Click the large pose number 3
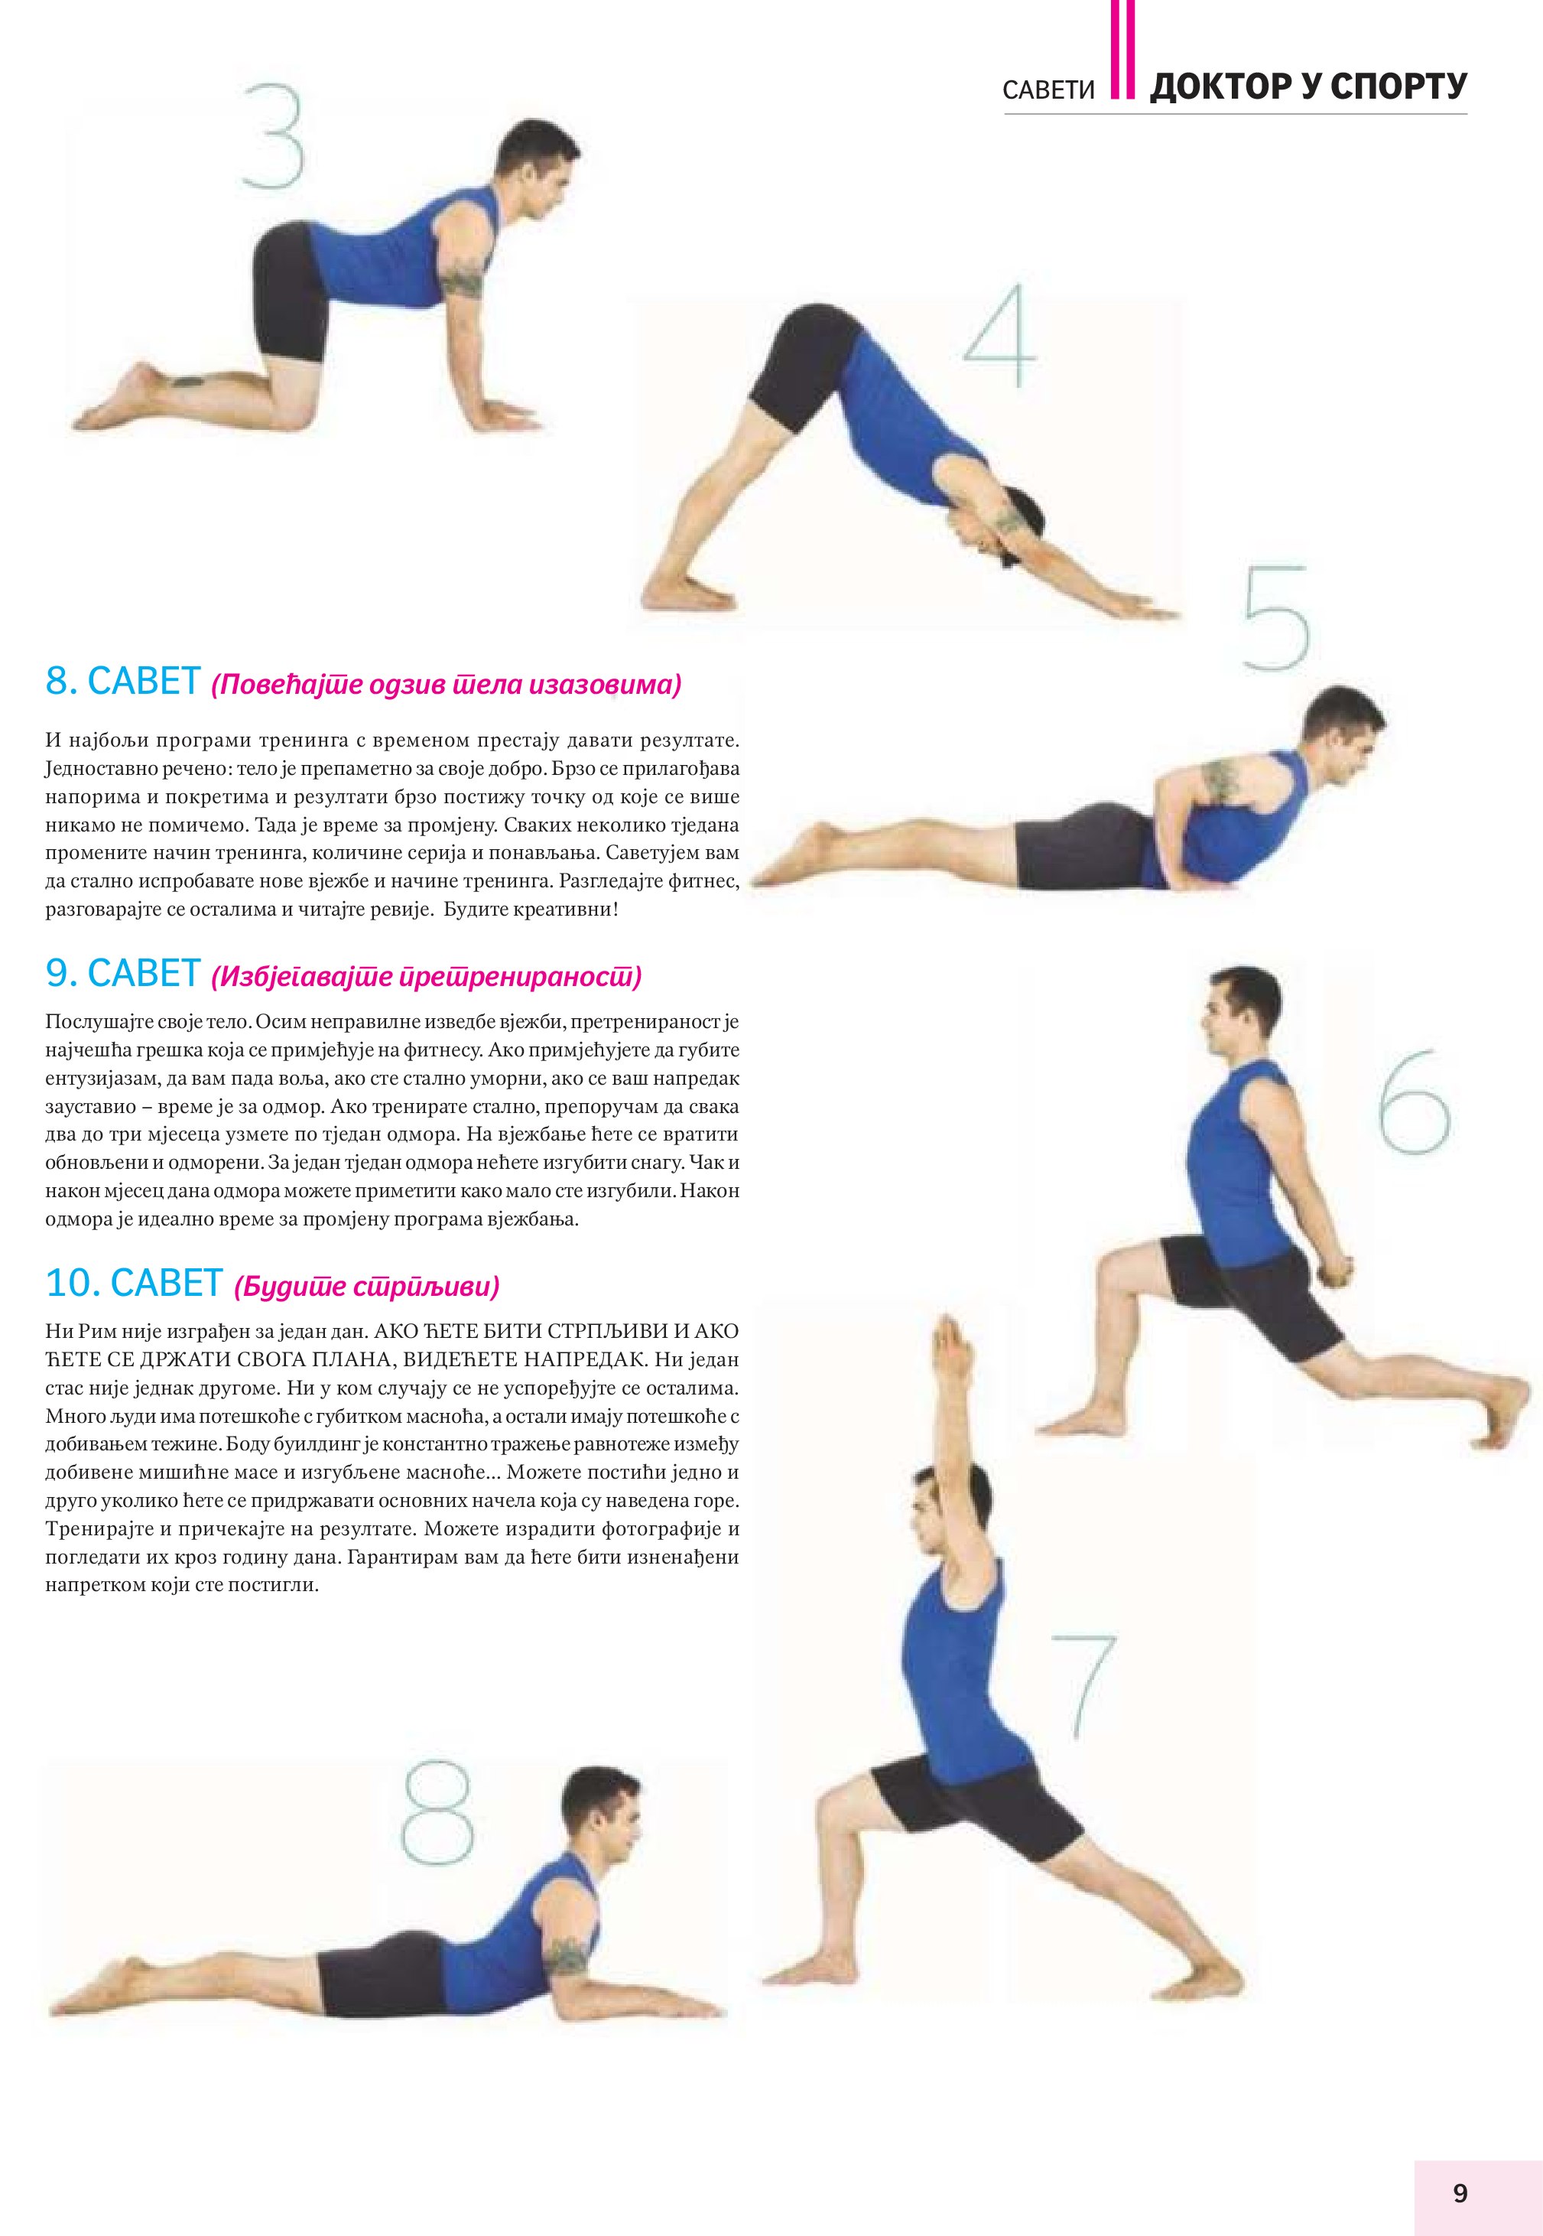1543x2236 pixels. [x=274, y=135]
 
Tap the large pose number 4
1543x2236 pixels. [x=999, y=336]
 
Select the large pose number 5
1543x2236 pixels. [x=1275, y=618]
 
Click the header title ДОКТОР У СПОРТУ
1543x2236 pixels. [x=1308, y=87]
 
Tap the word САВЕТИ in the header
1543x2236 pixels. [x=1048, y=91]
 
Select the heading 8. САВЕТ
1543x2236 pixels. [x=123, y=682]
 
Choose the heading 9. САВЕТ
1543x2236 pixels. [x=123, y=973]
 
